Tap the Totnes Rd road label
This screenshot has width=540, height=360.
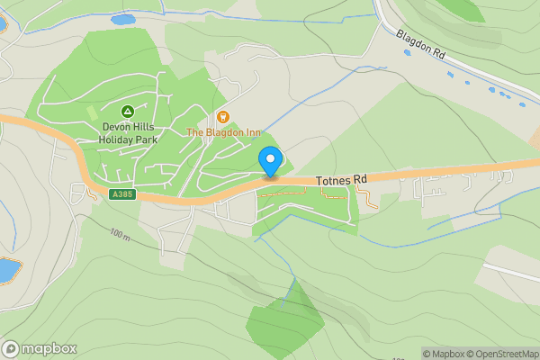click(342, 181)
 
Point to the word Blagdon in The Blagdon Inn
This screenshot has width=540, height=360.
click(223, 132)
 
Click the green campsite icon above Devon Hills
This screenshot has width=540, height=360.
click(128, 112)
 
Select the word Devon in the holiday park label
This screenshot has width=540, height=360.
click(117, 127)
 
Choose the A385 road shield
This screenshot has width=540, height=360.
click(123, 194)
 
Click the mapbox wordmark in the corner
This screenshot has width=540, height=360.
click(49, 348)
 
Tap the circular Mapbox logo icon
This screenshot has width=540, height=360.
click(11, 348)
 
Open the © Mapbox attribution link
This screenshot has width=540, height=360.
click(447, 354)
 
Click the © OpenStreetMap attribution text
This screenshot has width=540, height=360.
click(506, 354)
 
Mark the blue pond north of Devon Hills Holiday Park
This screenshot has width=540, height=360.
click(122, 19)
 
